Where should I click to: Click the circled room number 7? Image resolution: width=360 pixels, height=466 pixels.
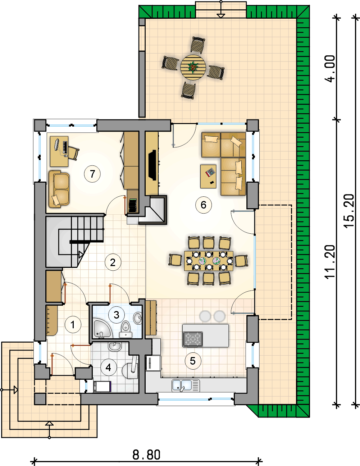[x=92, y=174]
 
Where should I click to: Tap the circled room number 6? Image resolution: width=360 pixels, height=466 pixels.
[x=204, y=205]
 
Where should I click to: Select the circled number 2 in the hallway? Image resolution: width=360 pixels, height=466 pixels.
[x=113, y=262]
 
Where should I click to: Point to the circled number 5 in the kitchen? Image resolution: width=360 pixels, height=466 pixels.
[x=193, y=361]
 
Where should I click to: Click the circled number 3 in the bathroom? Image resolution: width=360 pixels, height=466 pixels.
[x=117, y=315]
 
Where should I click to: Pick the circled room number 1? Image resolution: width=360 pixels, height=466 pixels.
[x=73, y=325]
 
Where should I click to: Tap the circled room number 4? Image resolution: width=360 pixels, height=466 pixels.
[x=109, y=367]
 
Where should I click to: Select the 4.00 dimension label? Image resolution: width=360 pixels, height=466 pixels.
[x=330, y=69]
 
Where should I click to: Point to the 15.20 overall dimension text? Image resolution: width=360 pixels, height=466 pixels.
[x=349, y=211]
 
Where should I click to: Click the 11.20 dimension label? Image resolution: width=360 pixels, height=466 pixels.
[x=329, y=262]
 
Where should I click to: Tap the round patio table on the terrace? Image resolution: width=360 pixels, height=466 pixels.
[x=193, y=67]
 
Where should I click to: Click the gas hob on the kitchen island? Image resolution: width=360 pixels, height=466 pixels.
[x=193, y=339]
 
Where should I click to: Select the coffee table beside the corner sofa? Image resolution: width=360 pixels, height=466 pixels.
[x=208, y=176]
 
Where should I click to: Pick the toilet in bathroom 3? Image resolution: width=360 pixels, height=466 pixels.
[x=126, y=329]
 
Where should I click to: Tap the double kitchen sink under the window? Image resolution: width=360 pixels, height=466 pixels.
[x=186, y=385]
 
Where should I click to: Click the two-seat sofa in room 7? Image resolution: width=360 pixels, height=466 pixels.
[x=59, y=189]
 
